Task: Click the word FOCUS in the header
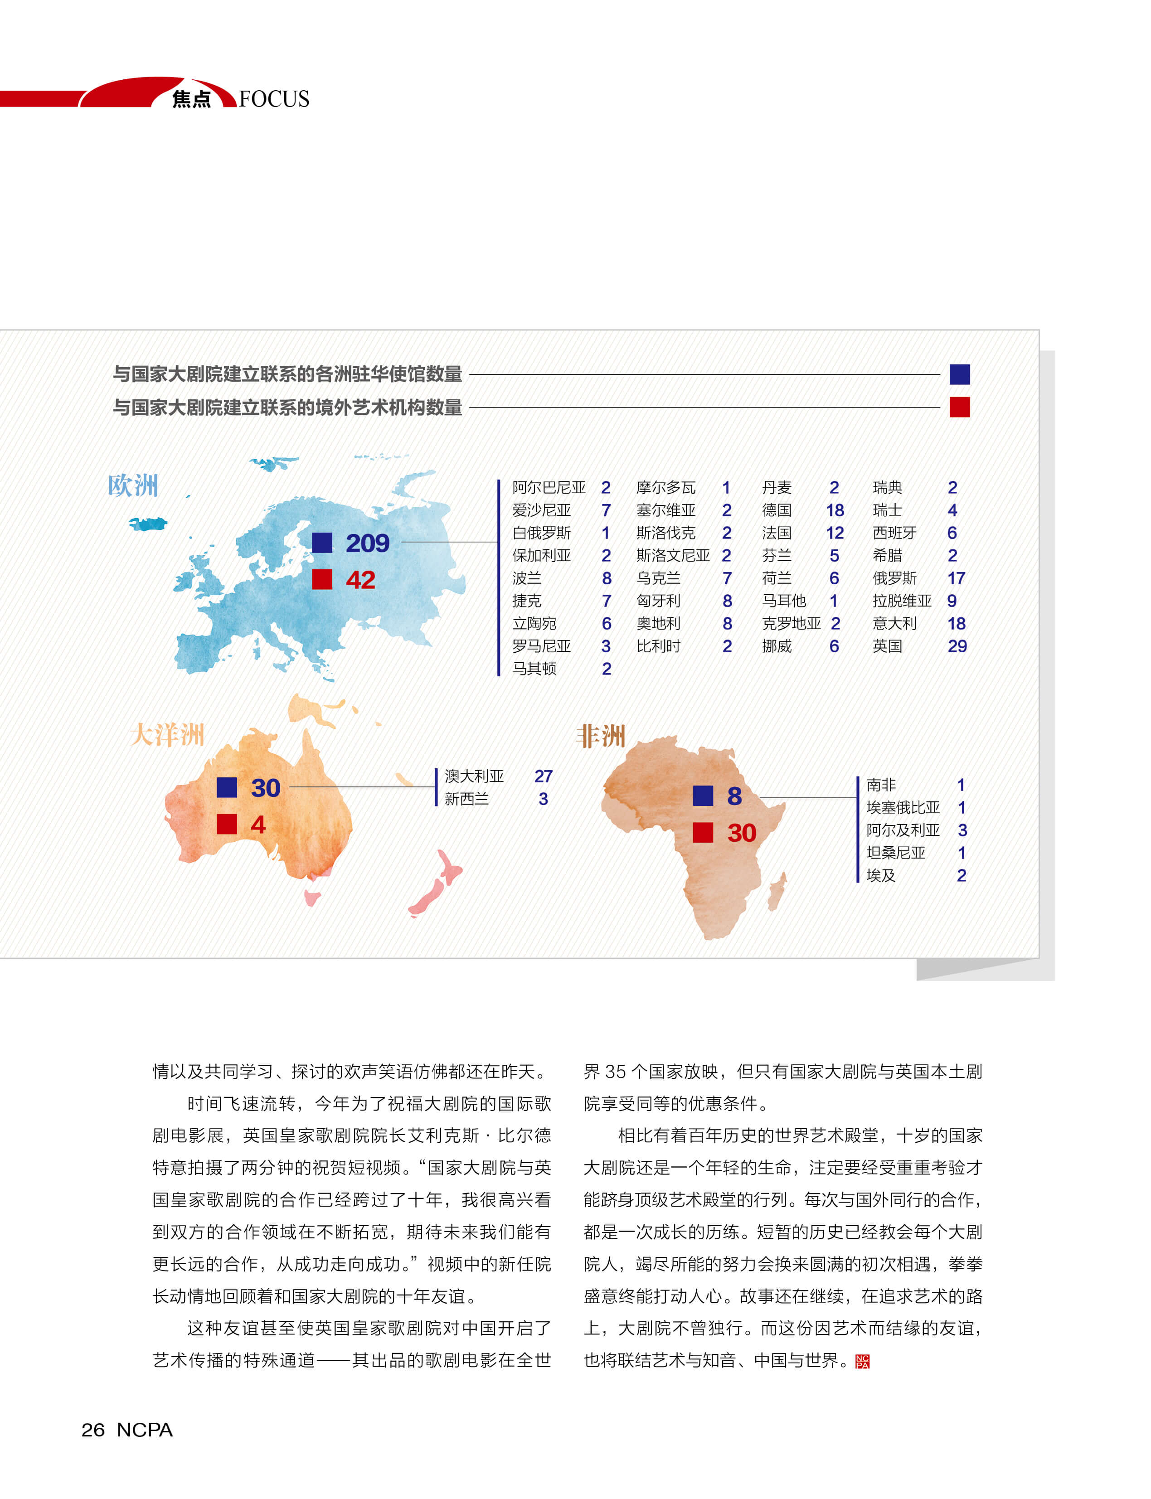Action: [x=274, y=99]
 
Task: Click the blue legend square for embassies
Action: [x=959, y=374]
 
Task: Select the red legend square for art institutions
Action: [x=959, y=407]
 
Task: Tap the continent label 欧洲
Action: [x=133, y=486]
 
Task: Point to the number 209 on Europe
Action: [x=367, y=543]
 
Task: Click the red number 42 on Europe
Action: [x=360, y=580]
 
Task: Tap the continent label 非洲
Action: [x=601, y=737]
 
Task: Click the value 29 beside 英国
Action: [x=957, y=646]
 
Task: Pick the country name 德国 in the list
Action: [x=777, y=510]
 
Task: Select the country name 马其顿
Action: [x=534, y=669]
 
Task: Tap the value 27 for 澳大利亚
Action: [x=543, y=776]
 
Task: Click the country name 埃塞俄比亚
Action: [x=903, y=808]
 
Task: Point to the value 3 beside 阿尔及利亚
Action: [x=962, y=830]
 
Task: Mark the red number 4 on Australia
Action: [x=257, y=824]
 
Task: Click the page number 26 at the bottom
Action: [x=92, y=1430]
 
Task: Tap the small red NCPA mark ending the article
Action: [x=863, y=1361]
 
